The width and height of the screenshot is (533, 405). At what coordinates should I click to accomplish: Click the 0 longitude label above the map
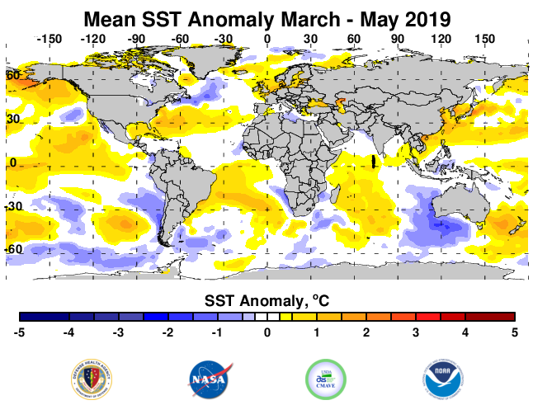pos(266,39)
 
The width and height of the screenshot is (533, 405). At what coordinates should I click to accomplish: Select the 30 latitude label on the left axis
pos(13,119)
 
